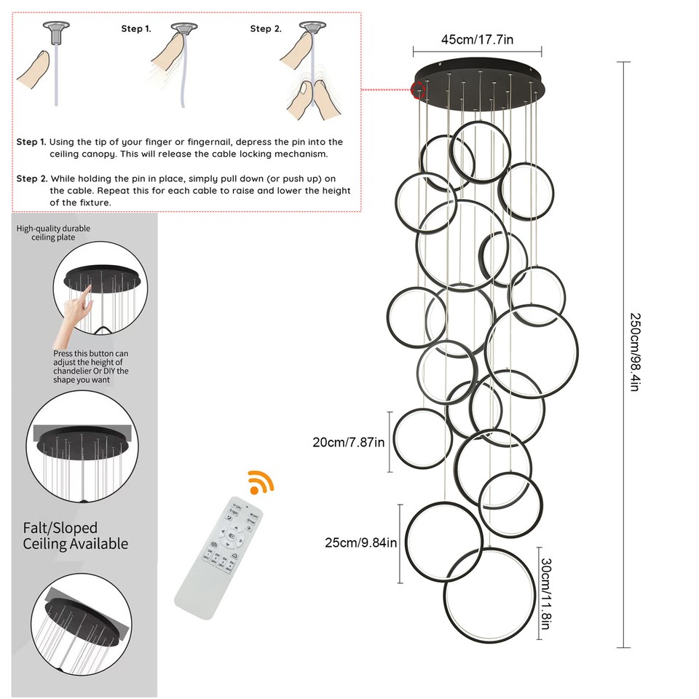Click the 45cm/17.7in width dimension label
(x=477, y=39)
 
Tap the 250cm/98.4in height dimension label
(x=634, y=353)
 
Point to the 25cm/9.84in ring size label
(x=361, y=542)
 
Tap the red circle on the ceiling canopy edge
(x=418, y=90)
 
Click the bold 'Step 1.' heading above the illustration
(x=136, y=29)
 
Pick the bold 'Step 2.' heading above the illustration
(x=266, y=29)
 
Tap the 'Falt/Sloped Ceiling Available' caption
(x=75, y=536)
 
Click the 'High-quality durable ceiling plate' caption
(x=54, y=233)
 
